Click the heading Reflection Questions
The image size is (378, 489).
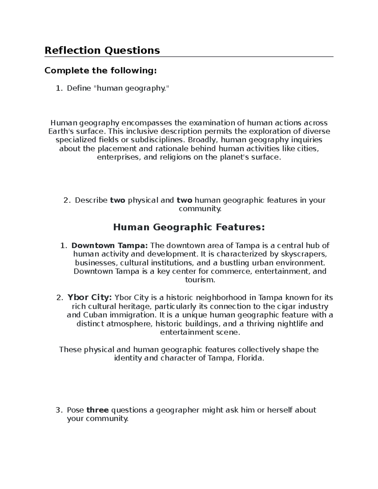point(102,50)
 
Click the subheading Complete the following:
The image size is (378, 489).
point(100,71)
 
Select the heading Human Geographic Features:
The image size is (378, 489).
point(189,227)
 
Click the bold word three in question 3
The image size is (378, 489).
point(98,410)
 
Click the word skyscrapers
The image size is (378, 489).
point(305,254)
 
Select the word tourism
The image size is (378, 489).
point(200,280)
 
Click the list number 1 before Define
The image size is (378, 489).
point(59,88)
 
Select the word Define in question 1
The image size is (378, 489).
point(79,88)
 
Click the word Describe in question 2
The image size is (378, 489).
point(91,200)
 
